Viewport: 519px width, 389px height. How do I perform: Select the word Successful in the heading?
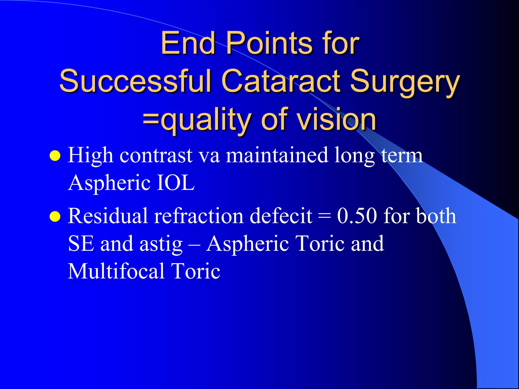click(x=135, y=81)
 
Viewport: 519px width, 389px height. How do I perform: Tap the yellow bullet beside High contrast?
click(x=55, y=156)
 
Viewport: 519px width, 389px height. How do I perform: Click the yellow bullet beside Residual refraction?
click(x=55, y=217)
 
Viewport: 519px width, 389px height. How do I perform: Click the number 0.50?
click(x=357, y=216)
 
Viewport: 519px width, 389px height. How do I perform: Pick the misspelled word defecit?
click(x=281, y=216)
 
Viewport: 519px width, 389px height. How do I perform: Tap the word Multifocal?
click(x=116, y=271)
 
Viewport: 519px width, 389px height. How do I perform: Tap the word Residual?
click(x=108, y=216)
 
